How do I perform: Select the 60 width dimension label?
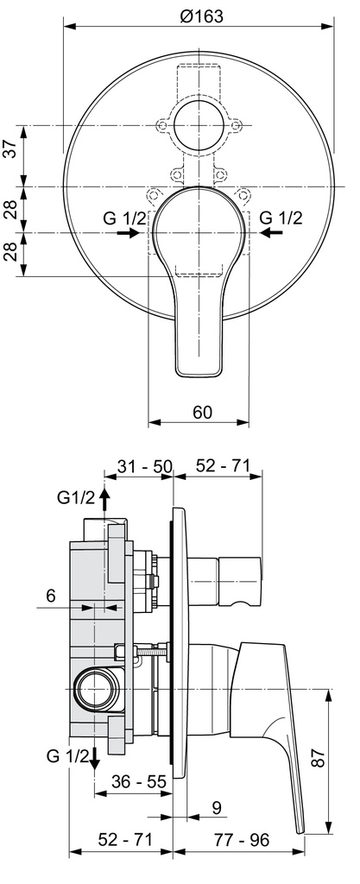202,412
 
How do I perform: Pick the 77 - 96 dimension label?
241,840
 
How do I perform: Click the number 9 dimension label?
217,808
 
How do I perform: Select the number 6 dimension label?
52,596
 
